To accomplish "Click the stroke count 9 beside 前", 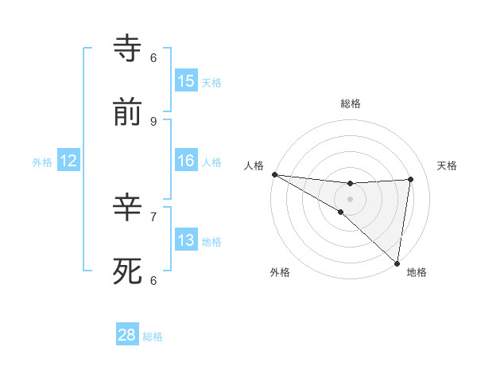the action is [x=153, y=121].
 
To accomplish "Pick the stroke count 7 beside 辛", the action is [x=153, y=216].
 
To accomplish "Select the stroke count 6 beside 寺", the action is [x=153, y=57].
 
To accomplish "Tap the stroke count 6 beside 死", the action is [x=153, y=280].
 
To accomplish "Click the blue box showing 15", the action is [x=186, y=81].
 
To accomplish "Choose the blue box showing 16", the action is [x=186, y=161].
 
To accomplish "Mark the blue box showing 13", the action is [x=186, y=240].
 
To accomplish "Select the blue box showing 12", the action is [x=68, y=161].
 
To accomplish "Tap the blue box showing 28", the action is [x=127, y=336].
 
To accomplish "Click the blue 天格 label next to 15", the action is [x=211, y=83].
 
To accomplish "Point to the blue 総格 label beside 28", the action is [x=153, y=337].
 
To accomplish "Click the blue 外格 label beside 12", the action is [x=42, y=162].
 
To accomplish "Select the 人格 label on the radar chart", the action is [x=254, y=165].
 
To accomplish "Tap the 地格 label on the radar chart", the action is [x=417, y=273].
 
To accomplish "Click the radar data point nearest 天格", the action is [x=410, y=179].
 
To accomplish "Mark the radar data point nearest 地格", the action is [x=397, y=263].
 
